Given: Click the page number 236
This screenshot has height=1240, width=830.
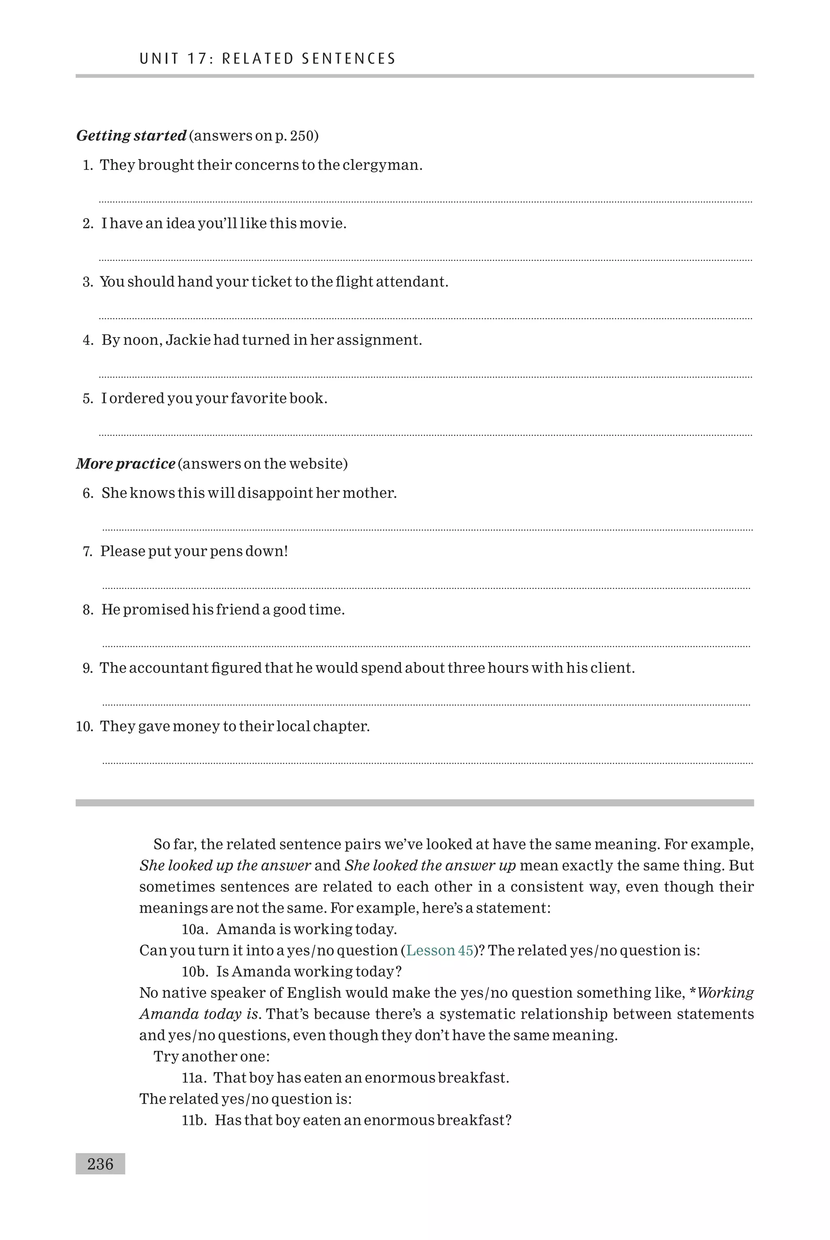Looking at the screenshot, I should click(x=100, y=1164).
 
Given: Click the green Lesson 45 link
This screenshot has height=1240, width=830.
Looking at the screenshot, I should click(x=439, y=950).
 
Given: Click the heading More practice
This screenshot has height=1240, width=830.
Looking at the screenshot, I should click(x=126, y=464).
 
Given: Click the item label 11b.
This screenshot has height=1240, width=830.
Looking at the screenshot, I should click(x=194, y=1120).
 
